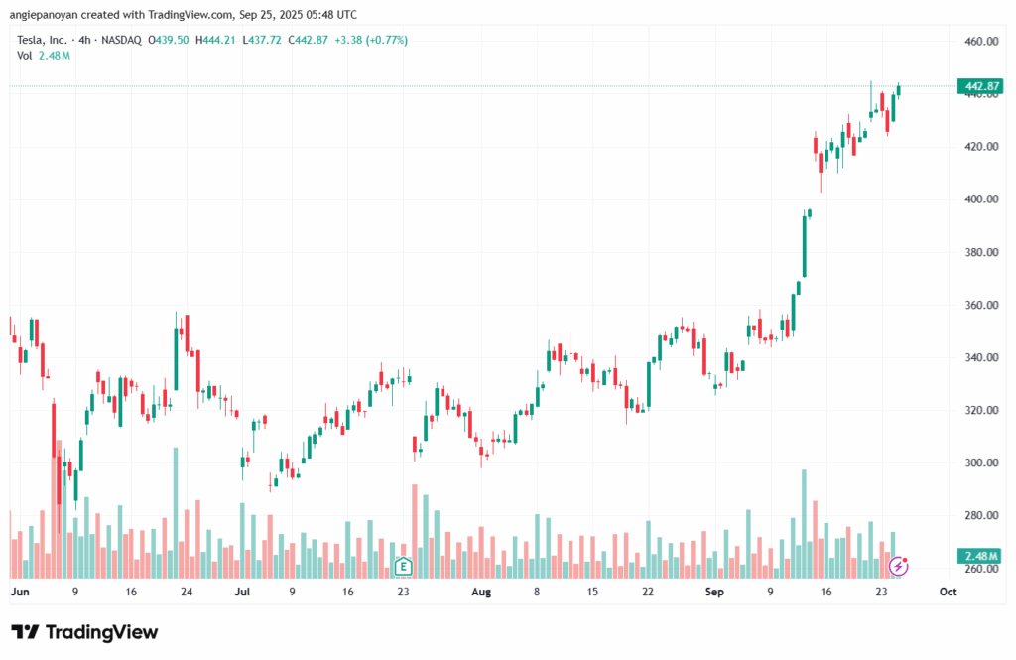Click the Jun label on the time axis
[19, 592]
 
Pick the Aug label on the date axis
[480, 592]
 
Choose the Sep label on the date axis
[714, 592]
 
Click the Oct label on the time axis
[948, 592]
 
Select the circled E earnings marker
[403, 567]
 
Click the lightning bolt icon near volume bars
[898, 566]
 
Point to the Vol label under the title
[26, 56]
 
